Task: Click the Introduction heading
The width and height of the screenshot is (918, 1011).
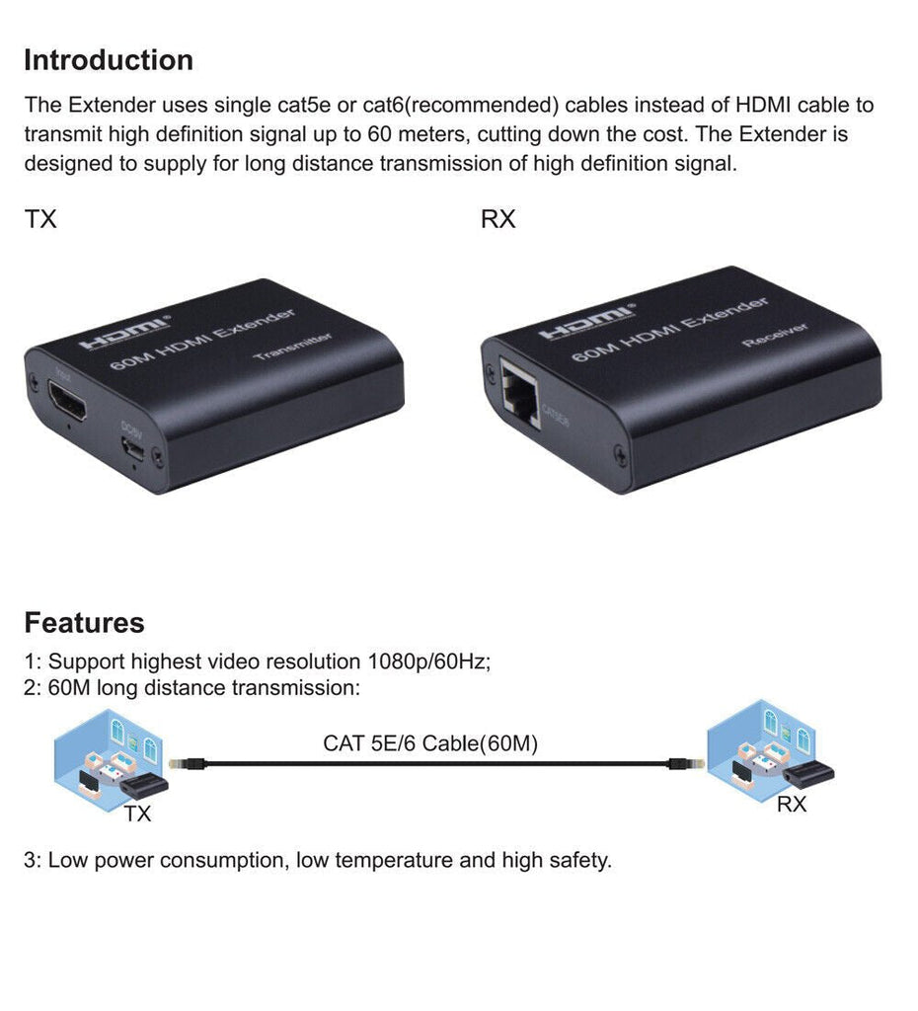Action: (109, 60)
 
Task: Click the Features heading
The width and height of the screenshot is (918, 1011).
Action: (84, 623)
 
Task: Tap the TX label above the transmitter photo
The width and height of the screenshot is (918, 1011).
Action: (40, 219)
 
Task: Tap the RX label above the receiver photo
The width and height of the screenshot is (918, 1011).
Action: (498, 219)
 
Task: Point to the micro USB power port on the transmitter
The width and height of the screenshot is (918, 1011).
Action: (134, 451)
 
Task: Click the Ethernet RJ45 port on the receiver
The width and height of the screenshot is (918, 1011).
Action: (520, 393)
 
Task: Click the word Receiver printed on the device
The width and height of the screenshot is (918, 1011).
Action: (776, 335)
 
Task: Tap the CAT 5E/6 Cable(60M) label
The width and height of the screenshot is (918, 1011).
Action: (430, 743)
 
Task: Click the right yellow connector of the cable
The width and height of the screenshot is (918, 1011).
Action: (678, 764)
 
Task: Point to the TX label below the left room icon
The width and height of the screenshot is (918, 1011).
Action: (138, 815)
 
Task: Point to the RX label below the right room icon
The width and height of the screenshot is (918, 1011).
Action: (792, 805)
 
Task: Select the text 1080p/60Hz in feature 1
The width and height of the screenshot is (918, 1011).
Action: (429, 661)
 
